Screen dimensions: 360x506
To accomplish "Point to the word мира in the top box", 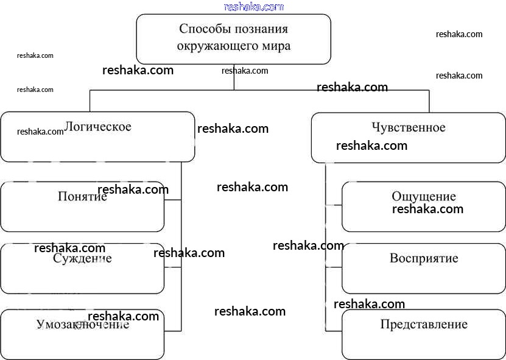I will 273,46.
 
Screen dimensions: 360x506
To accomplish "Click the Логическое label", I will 98,127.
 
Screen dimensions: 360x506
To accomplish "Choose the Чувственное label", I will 408,127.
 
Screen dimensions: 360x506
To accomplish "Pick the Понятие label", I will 82,197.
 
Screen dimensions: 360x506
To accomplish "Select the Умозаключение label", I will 82,325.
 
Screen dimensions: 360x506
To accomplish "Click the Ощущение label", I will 424,197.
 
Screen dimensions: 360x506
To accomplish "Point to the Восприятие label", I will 424,258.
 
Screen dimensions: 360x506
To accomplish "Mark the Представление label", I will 424,324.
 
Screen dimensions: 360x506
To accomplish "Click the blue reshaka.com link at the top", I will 253,7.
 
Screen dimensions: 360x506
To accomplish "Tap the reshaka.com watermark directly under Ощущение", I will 427,209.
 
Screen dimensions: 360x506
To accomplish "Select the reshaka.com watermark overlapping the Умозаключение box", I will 123,316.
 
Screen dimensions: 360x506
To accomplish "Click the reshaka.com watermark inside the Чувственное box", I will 371,146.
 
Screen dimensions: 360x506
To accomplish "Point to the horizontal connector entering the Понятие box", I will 173,200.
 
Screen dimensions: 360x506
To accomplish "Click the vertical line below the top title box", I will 234,77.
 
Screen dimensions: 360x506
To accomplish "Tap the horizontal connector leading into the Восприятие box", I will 334,267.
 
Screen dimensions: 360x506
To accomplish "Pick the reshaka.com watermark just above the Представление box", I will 369,304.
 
